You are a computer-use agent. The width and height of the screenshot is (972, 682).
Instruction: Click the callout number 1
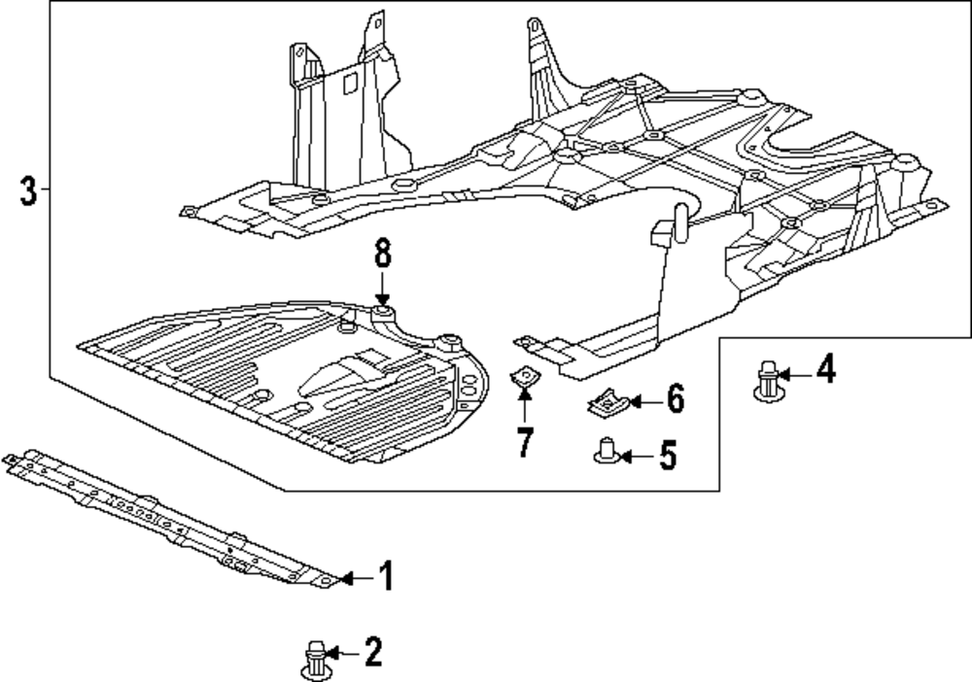386,576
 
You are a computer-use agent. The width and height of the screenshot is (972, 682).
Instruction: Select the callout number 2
373,652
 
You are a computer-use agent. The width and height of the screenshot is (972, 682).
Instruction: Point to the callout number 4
826,369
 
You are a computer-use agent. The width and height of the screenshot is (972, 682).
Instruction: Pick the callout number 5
668,457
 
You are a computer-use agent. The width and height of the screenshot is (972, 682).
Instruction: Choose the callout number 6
676,398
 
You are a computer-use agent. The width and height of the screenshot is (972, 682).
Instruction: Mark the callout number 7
525,442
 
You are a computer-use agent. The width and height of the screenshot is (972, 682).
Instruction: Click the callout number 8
383,253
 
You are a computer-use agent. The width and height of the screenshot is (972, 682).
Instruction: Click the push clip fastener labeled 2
317,662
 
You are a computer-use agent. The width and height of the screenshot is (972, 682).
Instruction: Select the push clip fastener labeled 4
769,380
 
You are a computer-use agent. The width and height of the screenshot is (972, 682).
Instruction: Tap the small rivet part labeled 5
607,451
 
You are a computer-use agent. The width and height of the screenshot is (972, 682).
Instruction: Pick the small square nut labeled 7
524,377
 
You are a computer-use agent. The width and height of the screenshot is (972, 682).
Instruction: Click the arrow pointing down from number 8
382,287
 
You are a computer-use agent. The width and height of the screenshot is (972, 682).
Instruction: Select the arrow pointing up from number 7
525,405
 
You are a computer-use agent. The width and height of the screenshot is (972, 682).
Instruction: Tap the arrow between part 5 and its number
637,458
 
